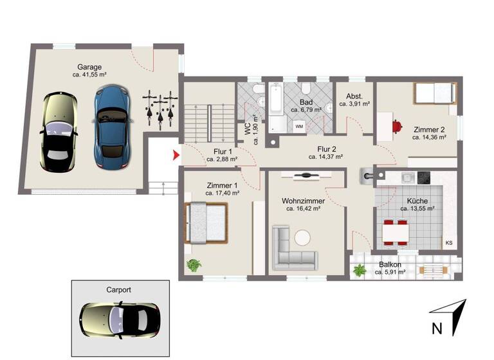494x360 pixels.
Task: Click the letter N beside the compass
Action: click(437, 328)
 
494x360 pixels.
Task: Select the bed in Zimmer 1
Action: click(206, 222)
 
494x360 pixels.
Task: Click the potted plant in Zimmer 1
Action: click(194, 264)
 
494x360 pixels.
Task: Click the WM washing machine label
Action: click(299, 127)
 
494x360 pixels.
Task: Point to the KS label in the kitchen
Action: click(448, 242)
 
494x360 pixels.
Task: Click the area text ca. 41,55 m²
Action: click(90, 75)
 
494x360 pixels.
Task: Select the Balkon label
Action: click(390, 264)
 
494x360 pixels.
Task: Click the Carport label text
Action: click(118, 290)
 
